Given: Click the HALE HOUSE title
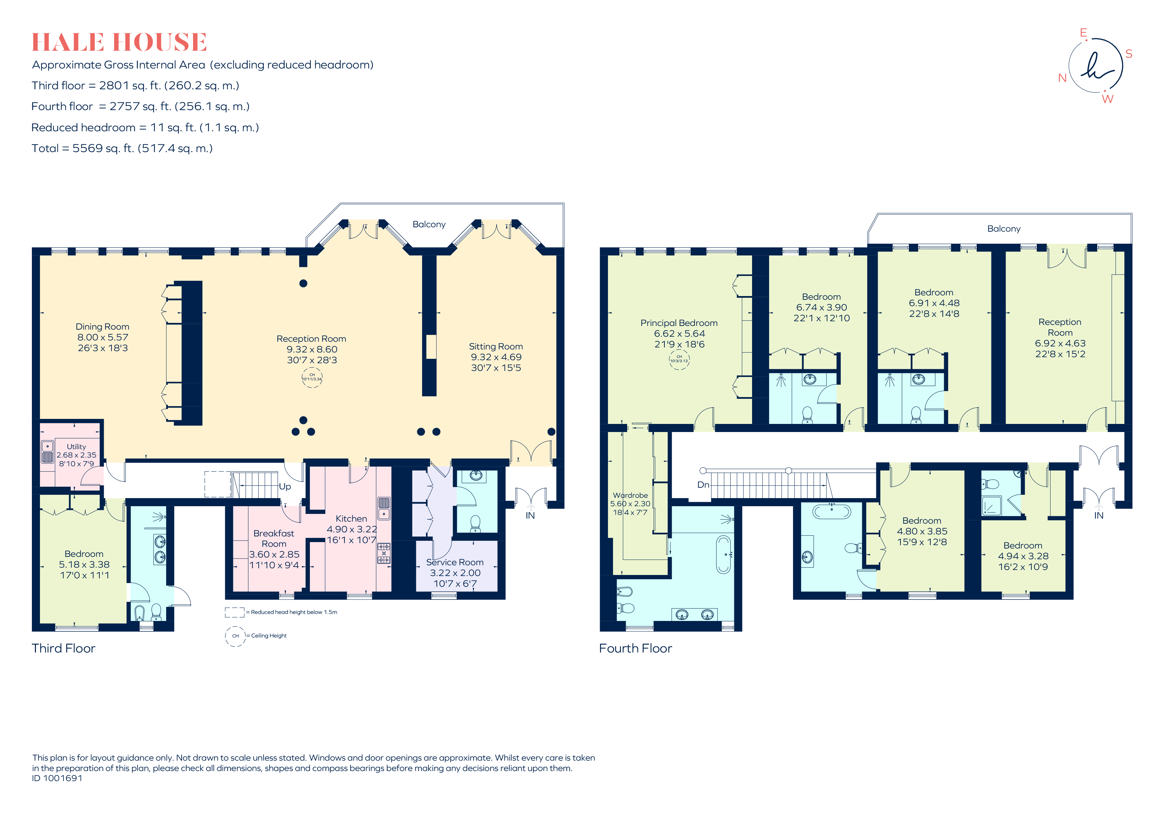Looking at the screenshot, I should tap(119, 42).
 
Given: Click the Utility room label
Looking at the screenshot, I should tap(76, 446).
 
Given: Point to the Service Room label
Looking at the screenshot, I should tap(455, 562).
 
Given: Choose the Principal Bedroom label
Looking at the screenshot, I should tap(679, 323).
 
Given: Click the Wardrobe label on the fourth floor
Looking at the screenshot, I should tap(630, 495).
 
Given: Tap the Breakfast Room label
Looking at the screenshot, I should tap(274, 538).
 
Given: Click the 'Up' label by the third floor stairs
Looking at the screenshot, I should tap(285, 487).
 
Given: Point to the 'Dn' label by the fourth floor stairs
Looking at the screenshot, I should tap(703, 484).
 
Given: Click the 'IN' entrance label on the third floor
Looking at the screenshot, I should tap(530, 516).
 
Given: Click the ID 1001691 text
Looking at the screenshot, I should tap(57, 778).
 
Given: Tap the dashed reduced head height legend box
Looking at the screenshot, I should tap(234, 612).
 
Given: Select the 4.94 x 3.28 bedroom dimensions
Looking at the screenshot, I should tap(1023, 556).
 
